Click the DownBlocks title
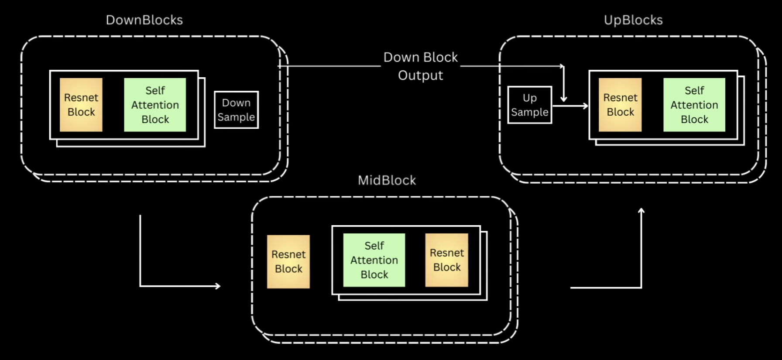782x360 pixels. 144,20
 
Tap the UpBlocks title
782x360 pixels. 633,20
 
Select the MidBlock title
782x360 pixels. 387,180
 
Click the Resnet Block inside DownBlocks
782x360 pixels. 81,105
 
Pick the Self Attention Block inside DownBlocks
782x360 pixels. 155,105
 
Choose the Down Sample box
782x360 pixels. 236,110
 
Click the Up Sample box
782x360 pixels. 530,105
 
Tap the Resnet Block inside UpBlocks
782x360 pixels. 620,105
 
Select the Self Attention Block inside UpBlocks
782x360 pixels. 694,105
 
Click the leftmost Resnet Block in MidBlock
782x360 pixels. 288,261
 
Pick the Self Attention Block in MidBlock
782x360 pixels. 374,260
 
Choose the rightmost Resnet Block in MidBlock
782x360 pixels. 447,260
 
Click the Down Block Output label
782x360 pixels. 421,66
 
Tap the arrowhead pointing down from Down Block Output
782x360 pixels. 564,99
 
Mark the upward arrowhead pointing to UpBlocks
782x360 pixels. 641,211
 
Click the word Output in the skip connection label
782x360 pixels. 421,75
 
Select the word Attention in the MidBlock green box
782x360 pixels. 374,260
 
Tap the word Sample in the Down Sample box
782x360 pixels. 236,117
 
